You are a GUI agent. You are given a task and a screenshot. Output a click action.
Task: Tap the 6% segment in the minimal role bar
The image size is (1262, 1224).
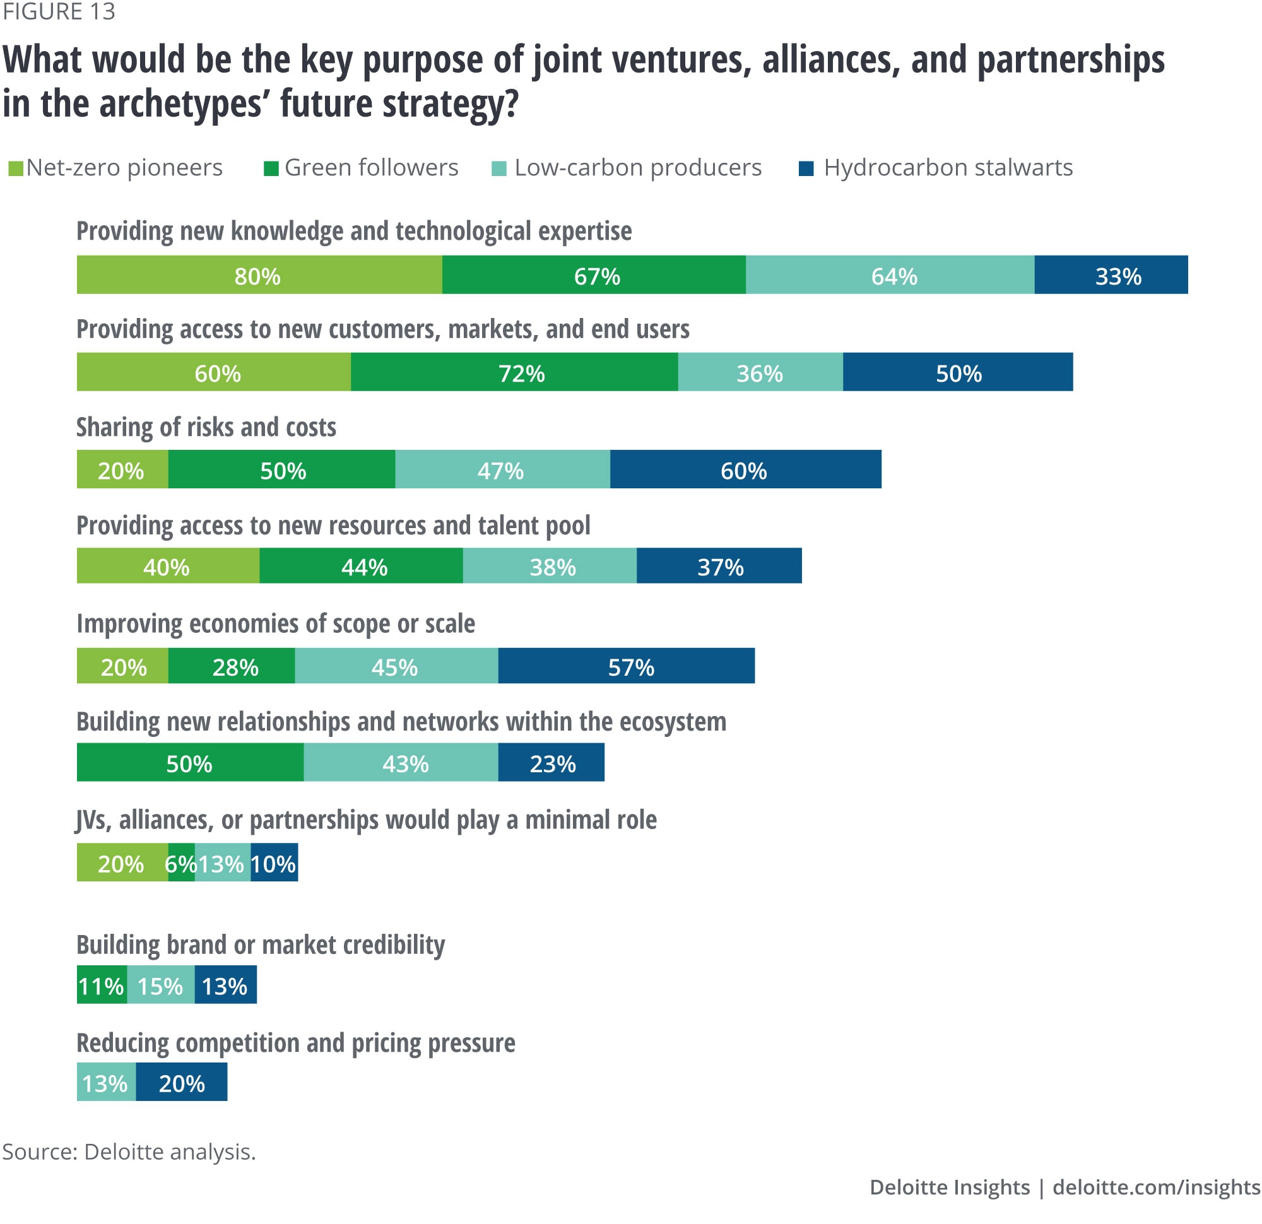[181, 862]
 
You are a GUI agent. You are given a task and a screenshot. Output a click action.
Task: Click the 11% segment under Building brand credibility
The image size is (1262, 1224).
[102, 984]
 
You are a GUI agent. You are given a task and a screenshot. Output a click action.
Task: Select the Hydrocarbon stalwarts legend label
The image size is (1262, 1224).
[948, 168]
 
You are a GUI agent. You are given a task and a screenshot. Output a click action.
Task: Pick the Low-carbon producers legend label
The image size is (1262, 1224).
[637, 168]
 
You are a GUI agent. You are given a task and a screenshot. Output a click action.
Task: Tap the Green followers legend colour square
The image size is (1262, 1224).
[271, 168]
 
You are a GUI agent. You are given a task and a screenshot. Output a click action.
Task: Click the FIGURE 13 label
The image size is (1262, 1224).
[59, 11]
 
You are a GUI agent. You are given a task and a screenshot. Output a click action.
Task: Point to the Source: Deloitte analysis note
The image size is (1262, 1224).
[129, 1151]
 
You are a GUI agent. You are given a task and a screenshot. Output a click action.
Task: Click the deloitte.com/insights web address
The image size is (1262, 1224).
[1156, 1187]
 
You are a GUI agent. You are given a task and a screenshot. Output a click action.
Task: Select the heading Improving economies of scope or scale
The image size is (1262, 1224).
[276, 623]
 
